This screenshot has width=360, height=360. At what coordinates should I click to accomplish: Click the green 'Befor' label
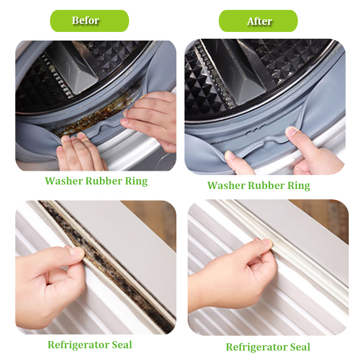[89, 21]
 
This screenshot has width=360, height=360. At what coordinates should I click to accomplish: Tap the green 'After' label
[258, 21]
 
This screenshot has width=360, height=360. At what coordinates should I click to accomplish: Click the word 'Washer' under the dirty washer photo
[64, 181]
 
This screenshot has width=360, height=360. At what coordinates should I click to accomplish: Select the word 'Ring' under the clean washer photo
[299, 186]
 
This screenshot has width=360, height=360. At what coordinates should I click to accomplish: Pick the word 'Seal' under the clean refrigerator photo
[300, 347]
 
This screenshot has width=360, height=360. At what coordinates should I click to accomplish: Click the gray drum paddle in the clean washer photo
[241, 73]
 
